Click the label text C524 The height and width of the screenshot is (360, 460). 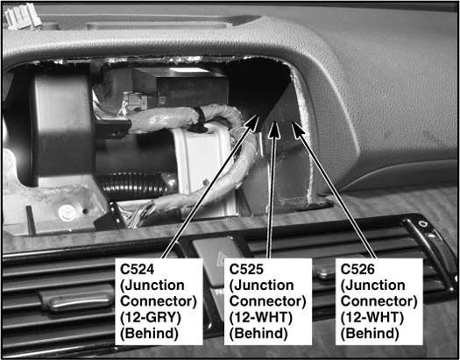[137, 269]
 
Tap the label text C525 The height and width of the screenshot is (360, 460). [246, 269]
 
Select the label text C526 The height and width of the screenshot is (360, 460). [357, 269]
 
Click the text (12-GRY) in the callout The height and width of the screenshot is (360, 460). [150, 317]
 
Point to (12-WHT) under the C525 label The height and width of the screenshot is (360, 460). [261, 317]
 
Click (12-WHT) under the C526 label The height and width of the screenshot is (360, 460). [372, 317]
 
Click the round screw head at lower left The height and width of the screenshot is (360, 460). [65, 213]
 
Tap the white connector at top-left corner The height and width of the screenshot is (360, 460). [22, 17]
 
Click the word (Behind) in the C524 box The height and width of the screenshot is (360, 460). [149, 334]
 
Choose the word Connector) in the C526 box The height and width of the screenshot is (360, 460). [379, 301]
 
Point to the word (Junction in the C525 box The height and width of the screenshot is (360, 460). [261, 286]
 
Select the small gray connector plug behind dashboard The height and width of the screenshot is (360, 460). [136, 100]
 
